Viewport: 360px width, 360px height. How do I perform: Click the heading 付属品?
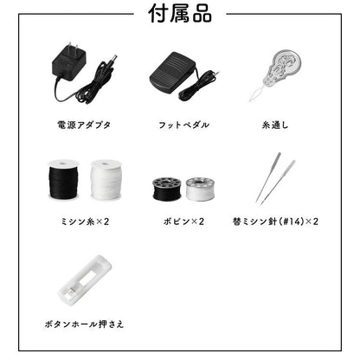pos(179,15)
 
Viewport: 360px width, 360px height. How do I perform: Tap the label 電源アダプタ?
pos(83,125)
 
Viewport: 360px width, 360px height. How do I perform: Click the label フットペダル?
pos(179,125)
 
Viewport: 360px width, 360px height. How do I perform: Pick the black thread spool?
pos(63,182)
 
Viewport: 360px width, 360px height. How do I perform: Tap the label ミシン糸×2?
pos(83,222)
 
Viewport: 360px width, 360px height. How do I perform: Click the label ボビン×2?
pos(179,222)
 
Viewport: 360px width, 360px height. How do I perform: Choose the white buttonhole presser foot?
pos(85,279)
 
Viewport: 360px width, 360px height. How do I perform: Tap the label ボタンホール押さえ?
pos(83,324)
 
